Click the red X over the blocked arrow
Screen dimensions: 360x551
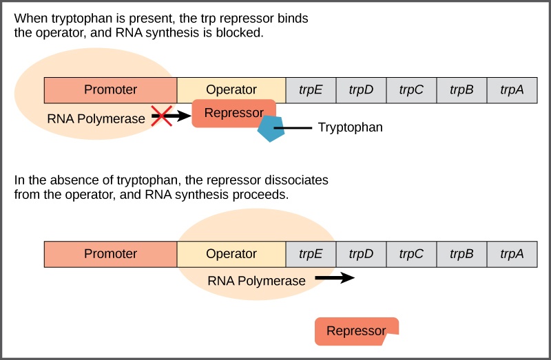pyautogui.click(x=161, y=116)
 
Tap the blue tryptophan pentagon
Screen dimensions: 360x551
pyautogui.click(x=271, y=129)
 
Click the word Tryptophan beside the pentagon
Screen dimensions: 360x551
pyautogui.click(x=350, y=128)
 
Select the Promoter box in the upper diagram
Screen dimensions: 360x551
pyautogui.click(x=110, y=89)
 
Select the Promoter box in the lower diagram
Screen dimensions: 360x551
pyautogui.click(x=110, y=254)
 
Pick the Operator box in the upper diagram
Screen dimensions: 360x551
pyautogui.click(x=231, y=89)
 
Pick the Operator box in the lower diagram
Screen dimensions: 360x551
pyautogui.click(x=231, y=254)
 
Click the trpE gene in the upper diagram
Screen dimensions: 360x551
pyautogui.click(x=311, y=89)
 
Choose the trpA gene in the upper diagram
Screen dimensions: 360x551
pyautogui.click(x=512, y=89)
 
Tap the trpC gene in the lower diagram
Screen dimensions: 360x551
pyautogui.click(x=411, y=254)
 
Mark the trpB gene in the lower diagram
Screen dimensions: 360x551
pyautogui.click(x=461, y=254)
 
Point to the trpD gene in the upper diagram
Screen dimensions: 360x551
pyautogui.click(x=361, y=89)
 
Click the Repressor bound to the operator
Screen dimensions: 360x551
pyautogui.click(x=233, y=113)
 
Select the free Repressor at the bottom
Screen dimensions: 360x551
pyautogui.click(x=356, y=331)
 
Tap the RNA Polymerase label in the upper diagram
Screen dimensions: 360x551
pyautogui.click(x=96, y=118)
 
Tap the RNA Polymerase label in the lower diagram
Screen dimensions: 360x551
pyautogui.click(x=256, y=281)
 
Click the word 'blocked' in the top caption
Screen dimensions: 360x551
pyautogui.click(x=242, y=32)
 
